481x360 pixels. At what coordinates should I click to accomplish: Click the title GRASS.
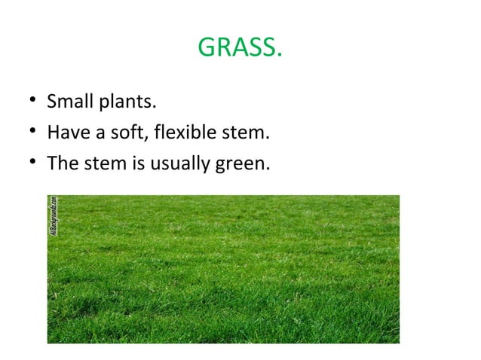(240, 48)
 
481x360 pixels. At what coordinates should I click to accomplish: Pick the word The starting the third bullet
(62, 162)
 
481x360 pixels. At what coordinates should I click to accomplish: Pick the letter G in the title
(206, 48)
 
